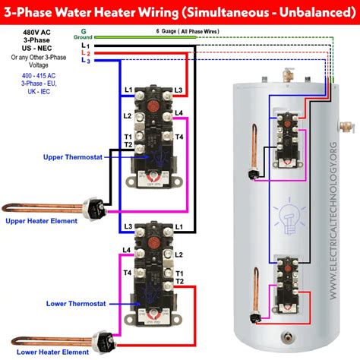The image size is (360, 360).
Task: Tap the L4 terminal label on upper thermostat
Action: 178,113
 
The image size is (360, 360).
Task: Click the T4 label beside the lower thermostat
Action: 126,273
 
